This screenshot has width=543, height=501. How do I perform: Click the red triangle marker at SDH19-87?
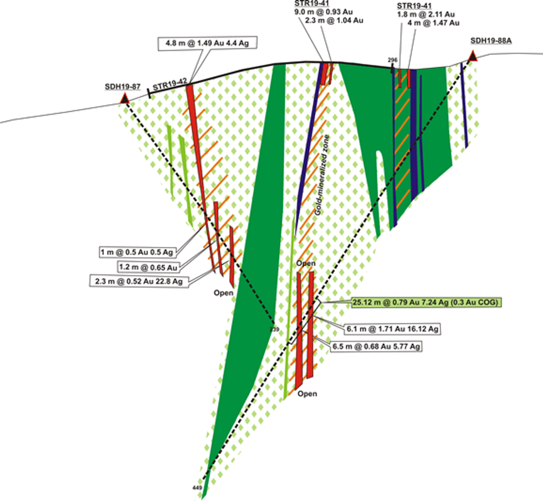(125, 99)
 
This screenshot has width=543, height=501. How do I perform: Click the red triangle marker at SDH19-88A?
(473, 55)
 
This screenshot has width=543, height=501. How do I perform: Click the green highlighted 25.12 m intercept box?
(427, 302)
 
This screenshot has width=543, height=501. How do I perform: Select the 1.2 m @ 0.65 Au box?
(148, 267)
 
